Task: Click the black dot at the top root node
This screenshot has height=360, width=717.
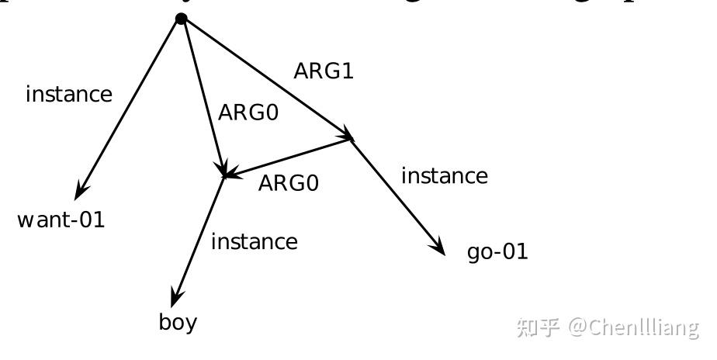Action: coord(182,18)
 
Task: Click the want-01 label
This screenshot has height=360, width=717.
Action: coord(61,220)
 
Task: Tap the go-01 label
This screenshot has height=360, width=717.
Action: coord(497,251)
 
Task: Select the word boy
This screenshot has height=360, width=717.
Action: coord(178,322)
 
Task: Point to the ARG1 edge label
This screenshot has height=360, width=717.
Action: coord(324,71)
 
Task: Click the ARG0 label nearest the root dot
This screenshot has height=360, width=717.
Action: coord(248,112)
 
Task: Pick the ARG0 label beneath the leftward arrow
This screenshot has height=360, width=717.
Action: coord(288,183)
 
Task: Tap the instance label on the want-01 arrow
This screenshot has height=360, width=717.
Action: coord(69,95)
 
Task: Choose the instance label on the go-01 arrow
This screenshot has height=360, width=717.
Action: coord(445,176)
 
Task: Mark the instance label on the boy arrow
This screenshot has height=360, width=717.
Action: coord(254,242)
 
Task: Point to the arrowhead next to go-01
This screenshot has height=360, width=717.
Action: coord(438,247)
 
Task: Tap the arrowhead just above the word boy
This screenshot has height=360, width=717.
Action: coord(176,296)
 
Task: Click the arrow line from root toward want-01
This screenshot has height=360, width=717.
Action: coord(132,105)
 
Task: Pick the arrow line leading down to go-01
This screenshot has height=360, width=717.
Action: coord(396,194)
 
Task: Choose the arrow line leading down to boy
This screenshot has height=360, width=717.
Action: coord(200,237)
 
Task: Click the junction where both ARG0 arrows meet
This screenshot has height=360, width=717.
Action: coord(224,175)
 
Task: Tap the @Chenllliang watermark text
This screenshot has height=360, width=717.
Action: coord(632,327)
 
